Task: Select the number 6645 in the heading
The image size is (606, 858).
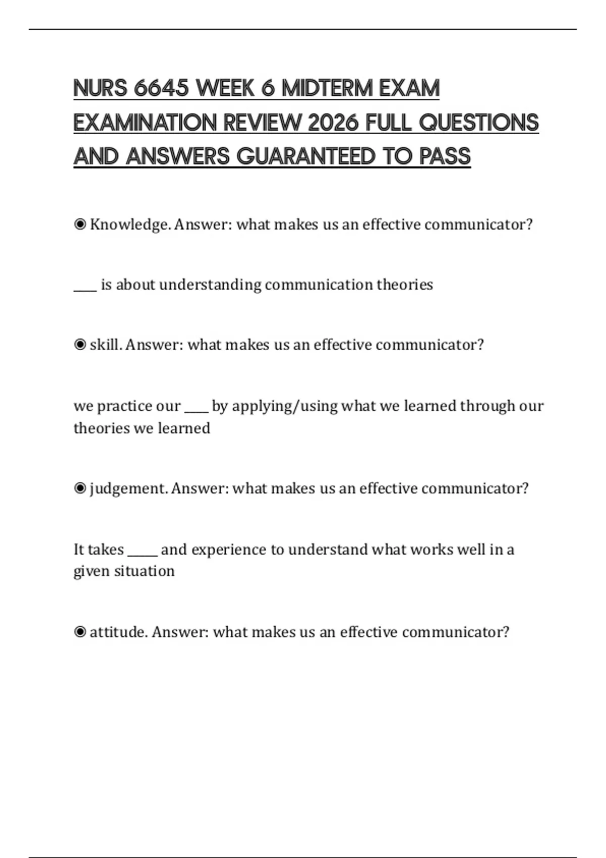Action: [162, 88]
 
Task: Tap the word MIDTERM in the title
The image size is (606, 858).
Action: [327, 88]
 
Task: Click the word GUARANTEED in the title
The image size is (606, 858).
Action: [306, 156]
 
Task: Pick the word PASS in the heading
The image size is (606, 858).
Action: [445, 156]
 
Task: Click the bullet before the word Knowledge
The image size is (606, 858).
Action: [80, 225]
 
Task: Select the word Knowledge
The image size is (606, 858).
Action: [129, 225]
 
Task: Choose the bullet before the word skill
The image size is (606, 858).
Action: [80, 345]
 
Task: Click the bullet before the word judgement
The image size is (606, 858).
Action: [80, 489]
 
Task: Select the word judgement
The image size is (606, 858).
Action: [128, 489]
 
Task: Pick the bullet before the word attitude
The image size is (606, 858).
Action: [80, 632]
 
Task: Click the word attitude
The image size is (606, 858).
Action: [118, 632]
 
